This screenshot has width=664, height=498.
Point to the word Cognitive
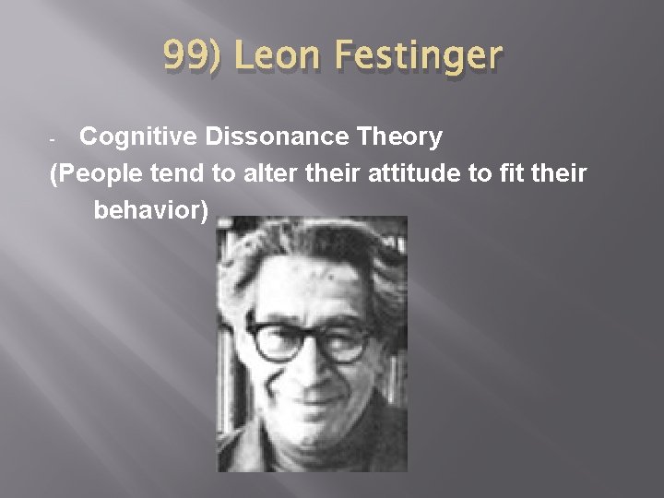click(x=139, y=137)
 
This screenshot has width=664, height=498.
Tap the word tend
click(x=183, y=174)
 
